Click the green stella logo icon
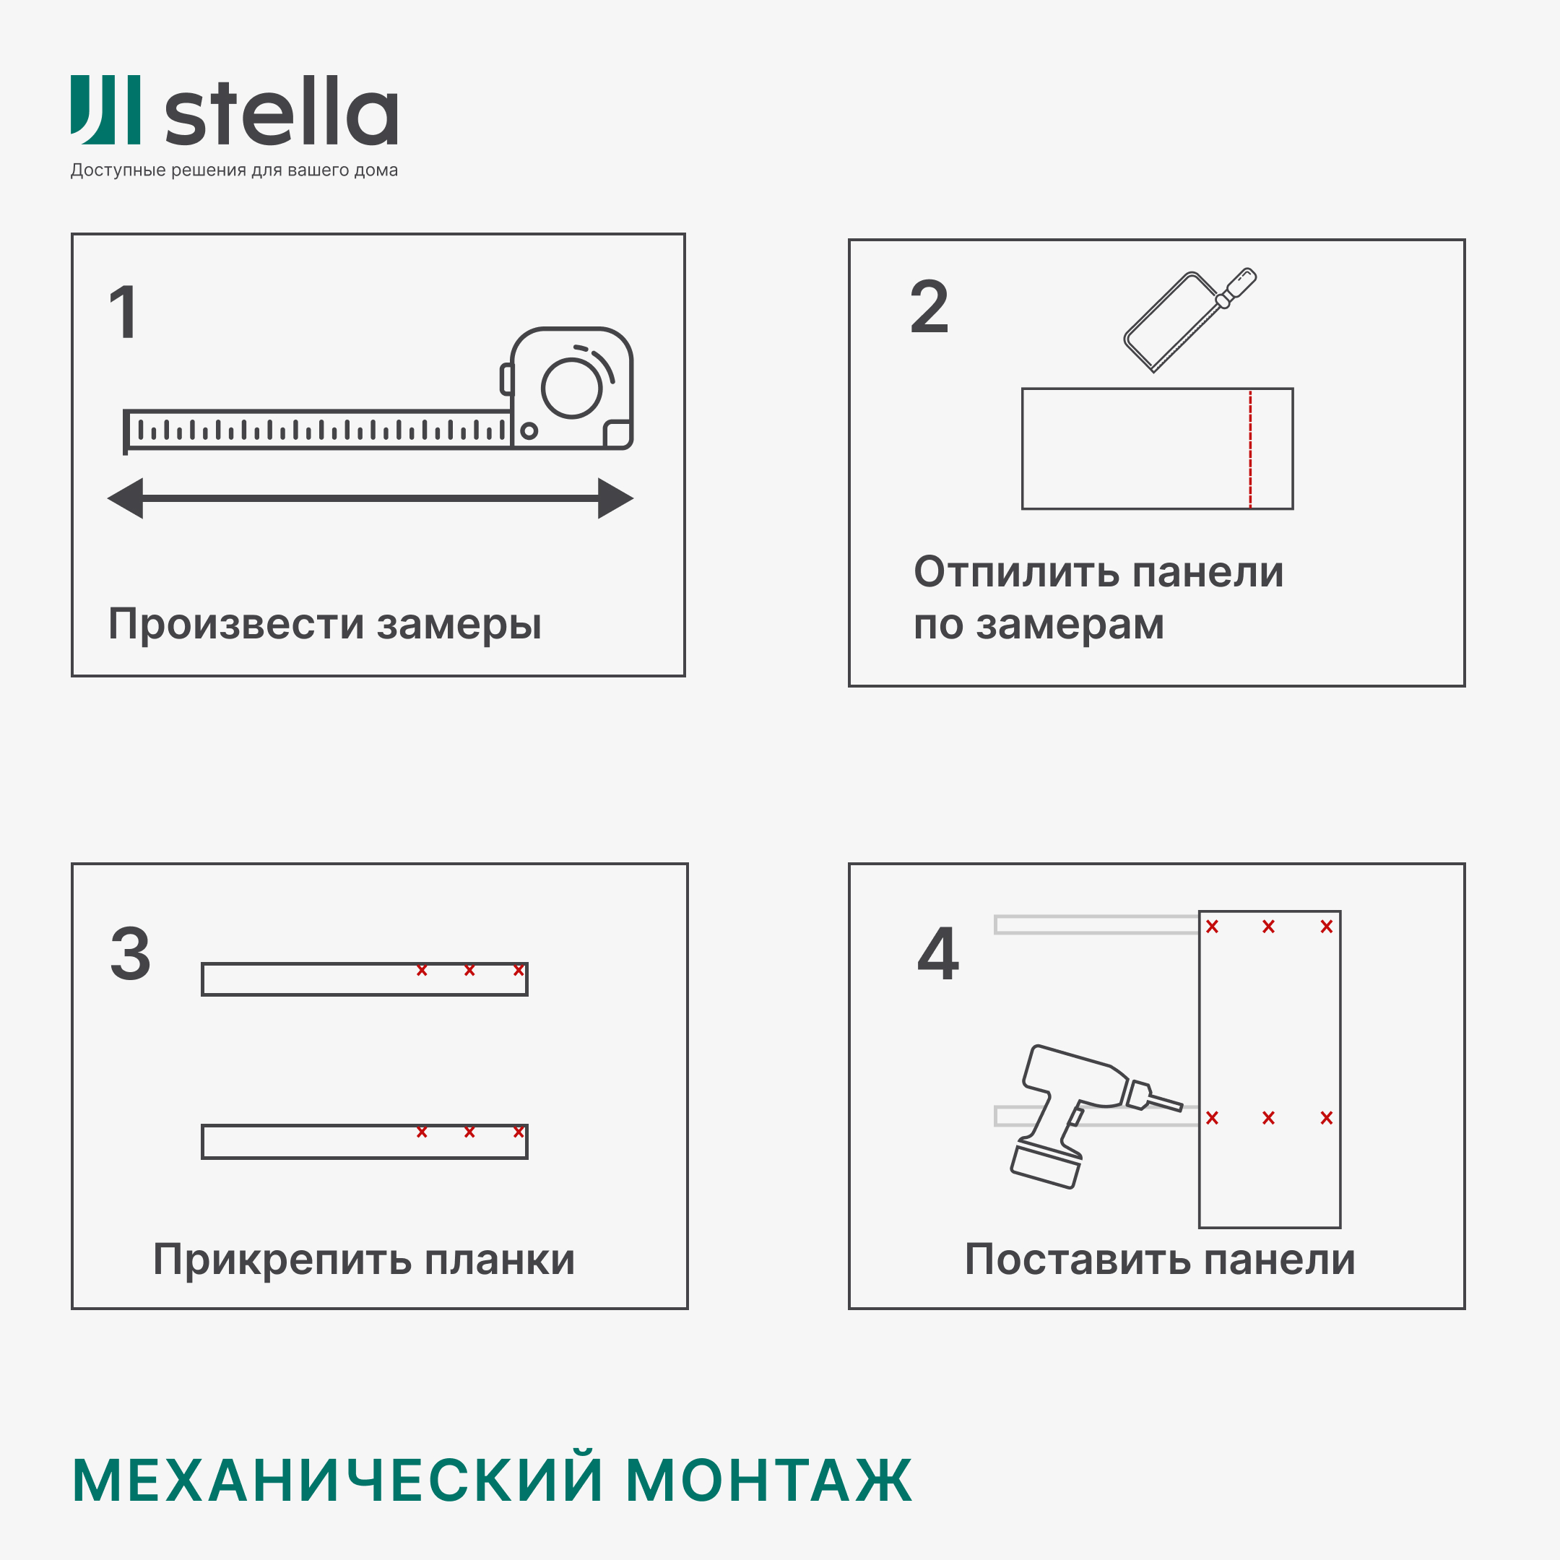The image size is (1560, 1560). pos(105,110)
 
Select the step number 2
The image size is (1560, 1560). pos(929,307)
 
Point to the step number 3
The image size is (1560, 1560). pos(131,953)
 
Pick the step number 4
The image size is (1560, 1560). pos(937,953)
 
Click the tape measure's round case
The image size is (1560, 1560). pos(572,388)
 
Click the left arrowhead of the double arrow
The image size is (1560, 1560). pos(127,498)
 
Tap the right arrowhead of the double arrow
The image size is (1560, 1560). pos(615,498)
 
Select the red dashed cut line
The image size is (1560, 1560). pos(1250,449)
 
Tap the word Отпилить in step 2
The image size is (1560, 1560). pos(1017,573)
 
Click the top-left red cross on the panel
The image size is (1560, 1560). pos(1212,927)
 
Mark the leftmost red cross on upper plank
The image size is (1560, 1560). pos(422,971)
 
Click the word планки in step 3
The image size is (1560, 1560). pos(500,1260)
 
